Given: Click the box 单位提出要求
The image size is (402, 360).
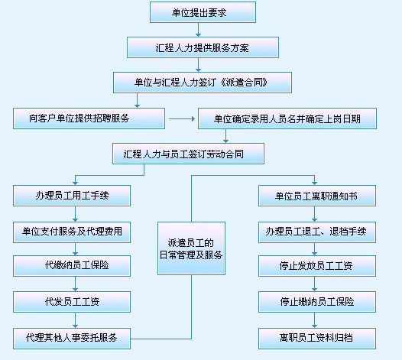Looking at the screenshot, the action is pyautogui.click(x=203, y=12).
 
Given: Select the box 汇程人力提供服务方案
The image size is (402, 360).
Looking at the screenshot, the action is pyautogui.click(x=203, y=47).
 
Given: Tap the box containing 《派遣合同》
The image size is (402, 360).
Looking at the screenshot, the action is pyautogui.click(x=203, y=83).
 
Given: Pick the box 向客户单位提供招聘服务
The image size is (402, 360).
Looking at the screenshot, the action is pyautogui.click(x=89, y=118).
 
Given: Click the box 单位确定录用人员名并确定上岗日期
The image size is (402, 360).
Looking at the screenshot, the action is pyautogui.click(x=287, y=118).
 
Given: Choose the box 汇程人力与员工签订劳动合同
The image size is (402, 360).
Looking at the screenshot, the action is pyautogui.click(x=189, y=154).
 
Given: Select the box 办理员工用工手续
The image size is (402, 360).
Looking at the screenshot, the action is pyautogui.click(x=72, y=196).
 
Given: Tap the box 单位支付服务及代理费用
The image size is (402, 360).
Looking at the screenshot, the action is pyautogui.click(x=72, y=232).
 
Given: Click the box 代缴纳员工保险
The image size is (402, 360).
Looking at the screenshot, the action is pyautogui.click(x=72, y=266).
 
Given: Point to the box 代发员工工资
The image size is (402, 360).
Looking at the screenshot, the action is pyautogui.click(x=72, y=302).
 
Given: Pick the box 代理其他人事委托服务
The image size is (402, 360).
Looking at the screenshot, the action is pyautogui.click(x=72, y=339).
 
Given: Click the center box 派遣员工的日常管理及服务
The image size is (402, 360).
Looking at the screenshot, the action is pyautogui.click(x=192, y=248).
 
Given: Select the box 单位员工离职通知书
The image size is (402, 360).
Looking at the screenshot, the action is pyautogui.click(x=317, y=196).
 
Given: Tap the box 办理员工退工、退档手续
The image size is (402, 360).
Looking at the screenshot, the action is pyautogui.click(x=317, y=232).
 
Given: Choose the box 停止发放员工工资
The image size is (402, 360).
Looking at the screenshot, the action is pyautogui.click(x=317, y=266).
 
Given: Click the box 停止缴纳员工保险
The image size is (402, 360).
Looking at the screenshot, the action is pyautogui.click(x=317, y=302).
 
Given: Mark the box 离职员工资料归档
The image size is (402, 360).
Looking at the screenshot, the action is pyautogui.click(x=317, y=339).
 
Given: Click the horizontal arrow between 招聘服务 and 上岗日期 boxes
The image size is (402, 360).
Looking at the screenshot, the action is pyautogui.click(x=182, y=118).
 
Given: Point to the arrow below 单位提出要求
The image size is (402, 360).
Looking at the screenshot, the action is pyautogui.click(x=198, y=30).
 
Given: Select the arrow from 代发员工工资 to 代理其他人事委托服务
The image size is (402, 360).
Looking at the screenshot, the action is pyautogui.click(x=75, y=320).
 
